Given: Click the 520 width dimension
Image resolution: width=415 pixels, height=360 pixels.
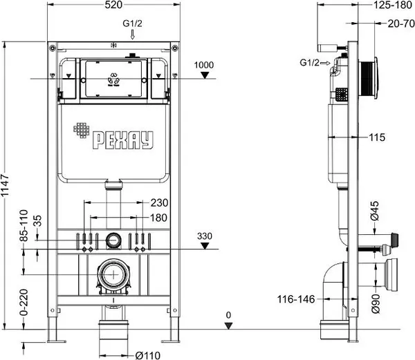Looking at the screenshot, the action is pos(113,5).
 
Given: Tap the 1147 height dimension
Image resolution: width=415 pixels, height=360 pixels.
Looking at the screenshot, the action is pos(5,185).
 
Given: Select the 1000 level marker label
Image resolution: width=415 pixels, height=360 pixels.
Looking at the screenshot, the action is pos(204,65).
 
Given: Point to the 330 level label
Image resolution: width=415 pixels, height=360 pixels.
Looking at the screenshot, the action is pos(205,236).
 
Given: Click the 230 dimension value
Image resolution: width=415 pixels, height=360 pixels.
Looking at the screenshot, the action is pos(159,202).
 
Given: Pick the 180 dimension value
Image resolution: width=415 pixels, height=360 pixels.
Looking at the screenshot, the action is pos(159,218).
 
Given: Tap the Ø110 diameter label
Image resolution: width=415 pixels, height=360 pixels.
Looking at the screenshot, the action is pos(148,355).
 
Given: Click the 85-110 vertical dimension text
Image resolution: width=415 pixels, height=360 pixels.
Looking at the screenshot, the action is pos(24,225).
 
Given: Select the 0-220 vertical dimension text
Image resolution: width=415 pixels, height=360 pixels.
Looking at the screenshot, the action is pos(24,303).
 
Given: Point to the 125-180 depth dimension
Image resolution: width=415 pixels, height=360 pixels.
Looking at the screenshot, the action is pos(392,5).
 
